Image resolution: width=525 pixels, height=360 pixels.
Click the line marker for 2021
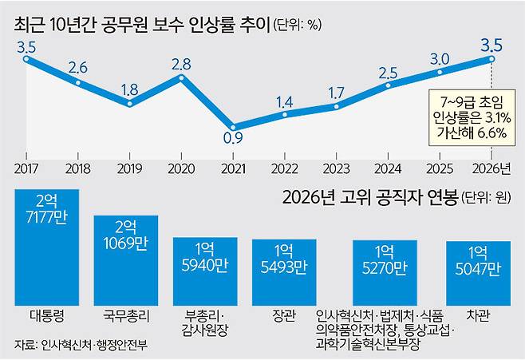pyautogui.click(x=233, y=128)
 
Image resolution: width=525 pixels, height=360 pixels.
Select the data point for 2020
pyautogui.click(x=181, y=77)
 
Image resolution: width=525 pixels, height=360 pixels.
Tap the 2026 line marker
pyautogui.click(x=491, y=59)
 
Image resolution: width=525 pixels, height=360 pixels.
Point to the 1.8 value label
pyautogui.click(x=129, y=89)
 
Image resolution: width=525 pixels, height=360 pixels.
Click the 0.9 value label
pyautogui.click(x=233, y=138)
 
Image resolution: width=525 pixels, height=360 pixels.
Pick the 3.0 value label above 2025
pyautogui.click(x=440, y=59)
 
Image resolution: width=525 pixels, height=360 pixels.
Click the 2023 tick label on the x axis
pyautogui.click(x=336, y=168)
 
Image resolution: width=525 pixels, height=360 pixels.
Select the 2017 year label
pyautogui.click(x=26, y=168)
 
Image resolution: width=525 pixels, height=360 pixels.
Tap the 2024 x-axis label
pyautogui.click(x=388, y=168)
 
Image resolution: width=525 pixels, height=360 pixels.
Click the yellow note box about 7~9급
pyautogui.click(x=472, y=117)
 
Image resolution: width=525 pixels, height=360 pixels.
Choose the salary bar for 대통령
pyautogui.click(x=47, y=247)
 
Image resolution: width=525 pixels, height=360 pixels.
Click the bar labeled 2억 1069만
pyautogui.click(x=126, y=260)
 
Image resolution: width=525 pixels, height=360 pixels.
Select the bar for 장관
pyautogui.click(x=284, y=272)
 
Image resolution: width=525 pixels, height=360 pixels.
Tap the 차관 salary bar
pyautogui.click(x=479, y=273)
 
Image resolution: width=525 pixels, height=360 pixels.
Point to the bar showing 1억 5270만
pyautogui.click(x=385, y=273)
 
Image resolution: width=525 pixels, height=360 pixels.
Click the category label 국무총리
pyautogui.click(x=126, y=316)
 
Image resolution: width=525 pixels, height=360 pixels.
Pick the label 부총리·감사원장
pyautogui.click(x=205, y=322)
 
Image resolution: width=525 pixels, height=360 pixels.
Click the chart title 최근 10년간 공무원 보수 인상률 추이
pyautogui.click(x=142, y=25)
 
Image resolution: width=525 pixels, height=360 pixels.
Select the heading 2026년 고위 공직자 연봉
pyautogui.click(x=370, y=197)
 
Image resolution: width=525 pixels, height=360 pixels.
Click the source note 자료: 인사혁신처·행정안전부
pyautogui.click(x=81, y=345)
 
